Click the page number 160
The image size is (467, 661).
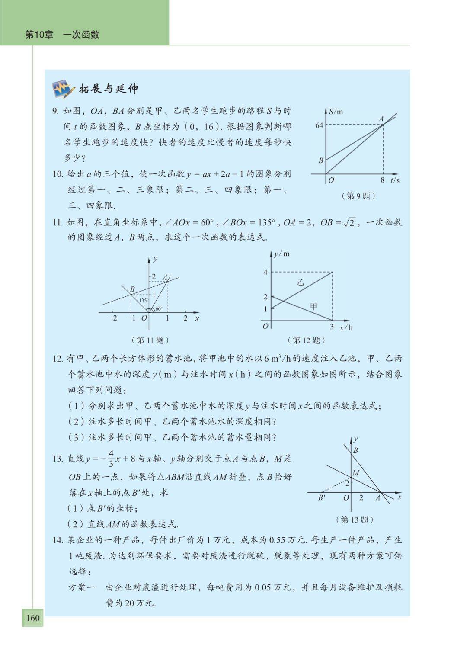pyautogui.click(x=33, y=618)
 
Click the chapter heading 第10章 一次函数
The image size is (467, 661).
pyautogui.click(x=62, y=35)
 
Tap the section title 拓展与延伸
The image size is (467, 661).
pyautogui.click(x=109, y=89)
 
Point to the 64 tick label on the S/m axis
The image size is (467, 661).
pyautogui.click(x=319, y=125)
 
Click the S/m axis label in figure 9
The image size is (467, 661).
pyautogui.click(x=336, y=112)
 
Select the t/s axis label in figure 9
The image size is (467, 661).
pyautogui.click(x=395, y=180)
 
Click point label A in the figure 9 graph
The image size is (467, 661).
pyautogui.click(x=381, y=118)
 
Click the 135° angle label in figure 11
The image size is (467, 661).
pyautogui.click(x=143, y=300)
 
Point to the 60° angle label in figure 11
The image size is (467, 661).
pyautogui.click(x=159, y=309)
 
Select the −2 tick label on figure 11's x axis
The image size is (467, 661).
pyautogui.click(x=112, y=318)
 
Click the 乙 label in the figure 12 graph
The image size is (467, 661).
pyautogui.click(x=301, y=282)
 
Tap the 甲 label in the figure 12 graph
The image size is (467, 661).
pyautogui.click(x=313, y=306)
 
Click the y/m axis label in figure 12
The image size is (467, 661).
pyautogui.click(x=282, y=254)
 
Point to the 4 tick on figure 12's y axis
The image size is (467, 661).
pyautogui.click(x=265, y=272)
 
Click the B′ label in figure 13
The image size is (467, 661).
pyautogui.click(x=322, y=497)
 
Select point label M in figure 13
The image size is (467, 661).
pyautogui.click(x=356, y=473)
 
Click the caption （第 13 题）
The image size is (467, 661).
pyautogui.click(x=355, y=520)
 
